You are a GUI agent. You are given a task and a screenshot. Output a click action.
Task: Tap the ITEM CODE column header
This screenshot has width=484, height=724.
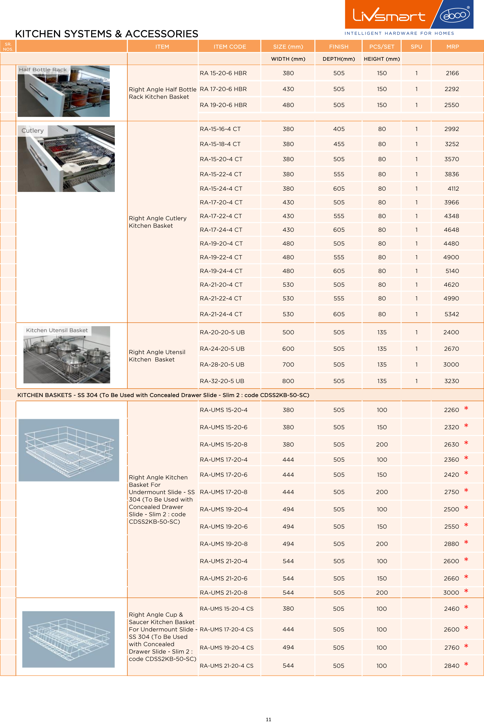coord(230,47)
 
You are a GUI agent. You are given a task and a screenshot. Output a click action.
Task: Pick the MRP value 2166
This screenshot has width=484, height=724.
coord(452,73)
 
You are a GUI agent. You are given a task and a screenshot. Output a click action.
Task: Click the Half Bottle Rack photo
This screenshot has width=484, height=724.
coord(64,91)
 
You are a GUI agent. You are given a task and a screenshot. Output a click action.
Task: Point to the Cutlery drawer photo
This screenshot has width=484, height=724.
coord(66,159)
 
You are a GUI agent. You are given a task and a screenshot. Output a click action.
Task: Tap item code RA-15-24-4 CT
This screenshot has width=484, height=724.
coord(221,188)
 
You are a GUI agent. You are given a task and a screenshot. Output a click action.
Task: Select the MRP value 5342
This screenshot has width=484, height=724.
coord(452,314)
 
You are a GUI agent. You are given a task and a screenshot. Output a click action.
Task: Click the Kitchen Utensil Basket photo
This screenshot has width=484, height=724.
coord(67,355)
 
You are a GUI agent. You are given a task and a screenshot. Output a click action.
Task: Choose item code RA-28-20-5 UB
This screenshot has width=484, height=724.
coord(222,364)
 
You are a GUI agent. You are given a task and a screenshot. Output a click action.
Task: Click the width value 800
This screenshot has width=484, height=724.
coord(288,381)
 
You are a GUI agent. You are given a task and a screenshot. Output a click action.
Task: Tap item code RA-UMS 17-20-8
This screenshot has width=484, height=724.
coord(224,492)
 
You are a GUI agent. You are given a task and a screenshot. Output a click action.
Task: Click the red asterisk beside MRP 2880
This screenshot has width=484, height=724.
coord(466,543)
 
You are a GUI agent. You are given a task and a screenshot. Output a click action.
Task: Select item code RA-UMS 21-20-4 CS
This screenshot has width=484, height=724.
coord(227,666)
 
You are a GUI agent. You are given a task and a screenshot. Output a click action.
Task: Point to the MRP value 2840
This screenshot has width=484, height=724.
coord(452,666)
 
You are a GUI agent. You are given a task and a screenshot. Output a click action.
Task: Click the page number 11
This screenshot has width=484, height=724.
coord(268,719)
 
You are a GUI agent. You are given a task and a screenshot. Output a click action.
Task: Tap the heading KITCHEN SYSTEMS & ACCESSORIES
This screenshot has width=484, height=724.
coord(106,34)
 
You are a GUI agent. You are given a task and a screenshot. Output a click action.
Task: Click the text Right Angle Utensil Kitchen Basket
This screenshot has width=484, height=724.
coord(157,356)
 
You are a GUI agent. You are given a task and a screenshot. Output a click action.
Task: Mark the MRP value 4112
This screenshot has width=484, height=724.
coord(453,188)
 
